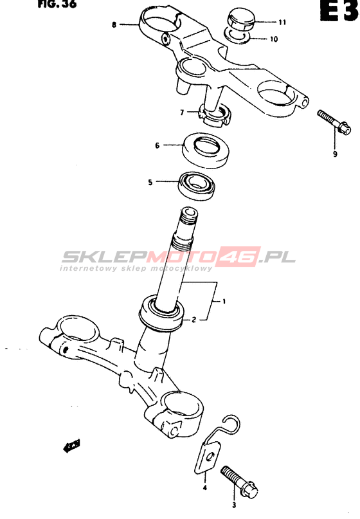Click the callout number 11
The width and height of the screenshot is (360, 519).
282,22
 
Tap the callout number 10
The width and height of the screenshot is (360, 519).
274,39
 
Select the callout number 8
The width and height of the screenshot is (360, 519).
114,24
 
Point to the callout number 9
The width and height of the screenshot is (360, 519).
335,154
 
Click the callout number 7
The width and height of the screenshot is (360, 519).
182,113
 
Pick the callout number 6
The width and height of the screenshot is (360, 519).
157,145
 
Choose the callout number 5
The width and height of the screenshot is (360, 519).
150,182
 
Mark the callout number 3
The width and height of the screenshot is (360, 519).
234,505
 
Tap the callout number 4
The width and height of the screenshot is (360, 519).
205,487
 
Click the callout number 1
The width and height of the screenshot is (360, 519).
224,301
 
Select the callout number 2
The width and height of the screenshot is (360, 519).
194,320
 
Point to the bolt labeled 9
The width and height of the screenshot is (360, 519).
334,122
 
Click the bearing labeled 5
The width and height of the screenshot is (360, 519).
197,186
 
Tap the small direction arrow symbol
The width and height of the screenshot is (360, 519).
71,446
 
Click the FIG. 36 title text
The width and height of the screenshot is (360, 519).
57,4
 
